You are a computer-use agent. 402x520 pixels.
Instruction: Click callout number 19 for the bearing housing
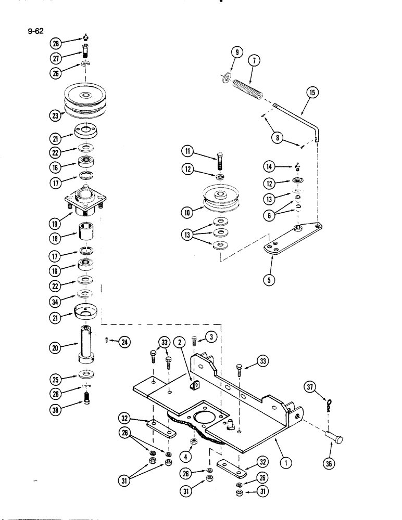point(55,224)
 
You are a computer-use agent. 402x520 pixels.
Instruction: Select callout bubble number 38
point(55,409)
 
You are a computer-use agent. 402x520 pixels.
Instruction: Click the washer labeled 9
point(225,77)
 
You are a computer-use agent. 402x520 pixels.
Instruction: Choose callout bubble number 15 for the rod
point(312,94)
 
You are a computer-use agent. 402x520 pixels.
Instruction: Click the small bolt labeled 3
point(194,341)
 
